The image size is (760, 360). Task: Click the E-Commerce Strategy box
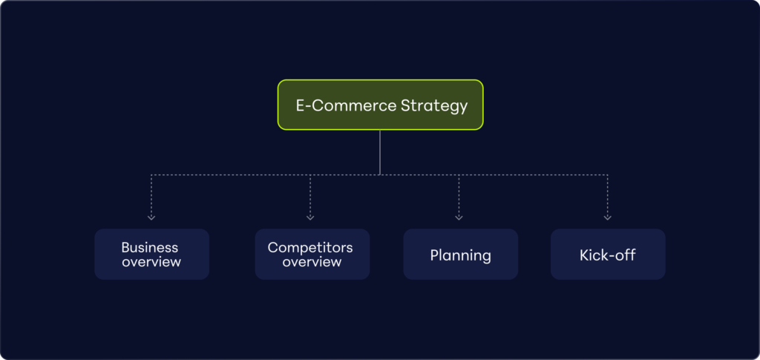[380, 105]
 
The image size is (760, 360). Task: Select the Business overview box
[151, 255]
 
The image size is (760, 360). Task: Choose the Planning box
[460, 255]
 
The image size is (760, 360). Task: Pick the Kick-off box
[607, 255]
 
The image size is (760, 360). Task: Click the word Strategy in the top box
[434, 105]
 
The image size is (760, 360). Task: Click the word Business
[150, 247]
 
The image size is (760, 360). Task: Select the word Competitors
[310, 247]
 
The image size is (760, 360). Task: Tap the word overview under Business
[151, 262]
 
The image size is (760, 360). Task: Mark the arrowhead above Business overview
[151, 217]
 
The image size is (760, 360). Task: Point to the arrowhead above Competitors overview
[310, 217]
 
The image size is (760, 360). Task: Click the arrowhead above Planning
[459, 217]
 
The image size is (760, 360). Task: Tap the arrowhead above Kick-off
[608, 217]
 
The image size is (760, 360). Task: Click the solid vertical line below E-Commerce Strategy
[380, 152]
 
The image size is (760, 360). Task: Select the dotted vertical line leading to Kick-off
[608, 195]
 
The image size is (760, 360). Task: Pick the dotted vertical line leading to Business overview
[151, 195]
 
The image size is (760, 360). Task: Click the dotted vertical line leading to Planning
[459, 195]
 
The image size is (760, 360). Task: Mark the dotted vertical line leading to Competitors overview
[310, 195]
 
